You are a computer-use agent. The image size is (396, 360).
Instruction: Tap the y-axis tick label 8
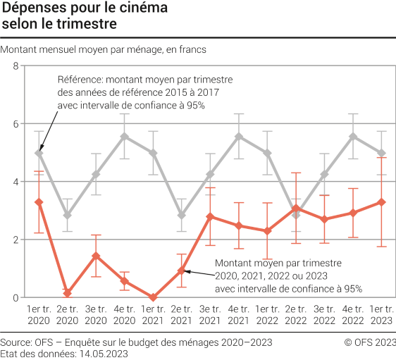click(16, 66)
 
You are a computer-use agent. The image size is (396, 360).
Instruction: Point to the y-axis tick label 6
click(16, 124)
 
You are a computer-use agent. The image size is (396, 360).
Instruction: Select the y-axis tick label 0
click(16, 298)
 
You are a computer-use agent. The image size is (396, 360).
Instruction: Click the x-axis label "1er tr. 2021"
click(153, 314)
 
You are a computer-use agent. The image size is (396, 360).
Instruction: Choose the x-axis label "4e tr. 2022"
click(353, 314)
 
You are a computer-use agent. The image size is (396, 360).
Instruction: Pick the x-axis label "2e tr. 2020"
click(68, 314)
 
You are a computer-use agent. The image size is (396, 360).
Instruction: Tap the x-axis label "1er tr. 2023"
click(381, 314)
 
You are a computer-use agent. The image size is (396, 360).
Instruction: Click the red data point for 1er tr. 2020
click(39, 202)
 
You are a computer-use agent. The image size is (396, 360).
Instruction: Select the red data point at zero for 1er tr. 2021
click(153, 297)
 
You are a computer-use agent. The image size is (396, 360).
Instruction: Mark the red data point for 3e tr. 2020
click(96, 256)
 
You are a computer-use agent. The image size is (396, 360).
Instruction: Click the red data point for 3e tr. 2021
click(210, 216)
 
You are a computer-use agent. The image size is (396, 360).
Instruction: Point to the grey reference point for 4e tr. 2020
click(125, 137)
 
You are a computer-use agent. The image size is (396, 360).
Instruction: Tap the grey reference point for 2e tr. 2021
click(182, 215)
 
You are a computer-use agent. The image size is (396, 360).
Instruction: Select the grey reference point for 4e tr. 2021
click(239, 137)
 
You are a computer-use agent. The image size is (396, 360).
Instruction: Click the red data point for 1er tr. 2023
click(381, 202)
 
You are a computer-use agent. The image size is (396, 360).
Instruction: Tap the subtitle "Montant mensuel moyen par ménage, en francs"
click(104, 49)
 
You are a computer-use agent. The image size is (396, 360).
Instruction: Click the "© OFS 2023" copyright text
click(370, 342)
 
